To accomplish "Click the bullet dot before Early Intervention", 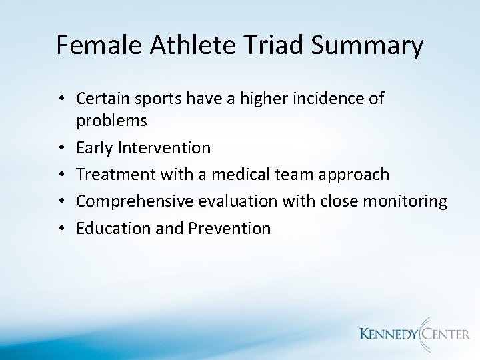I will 61,147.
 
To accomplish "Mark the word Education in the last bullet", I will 108,229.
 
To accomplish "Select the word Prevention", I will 231,229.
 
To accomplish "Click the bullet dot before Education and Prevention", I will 61,229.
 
